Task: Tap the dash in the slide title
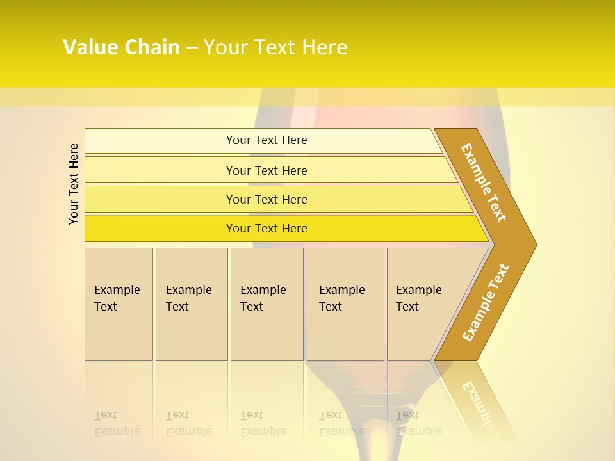tap(192, 48)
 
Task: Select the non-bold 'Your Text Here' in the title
tap(275, 47)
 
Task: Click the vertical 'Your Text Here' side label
tap(74, 184)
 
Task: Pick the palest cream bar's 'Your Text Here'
tap(266, 140)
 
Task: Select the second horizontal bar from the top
tap(266, 170)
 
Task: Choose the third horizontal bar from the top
tap(266, 200)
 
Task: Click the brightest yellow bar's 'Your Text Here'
tap(266, 229)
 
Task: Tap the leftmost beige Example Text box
tap(119, 304)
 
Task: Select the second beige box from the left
tap(191, 304)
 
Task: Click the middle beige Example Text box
tap(266, 304)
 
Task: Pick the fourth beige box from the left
tap(345, 304)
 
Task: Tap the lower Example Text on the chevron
tap(486, 303)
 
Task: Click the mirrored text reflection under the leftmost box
tap(117, 423)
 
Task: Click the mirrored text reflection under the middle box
tap(263, 423)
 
